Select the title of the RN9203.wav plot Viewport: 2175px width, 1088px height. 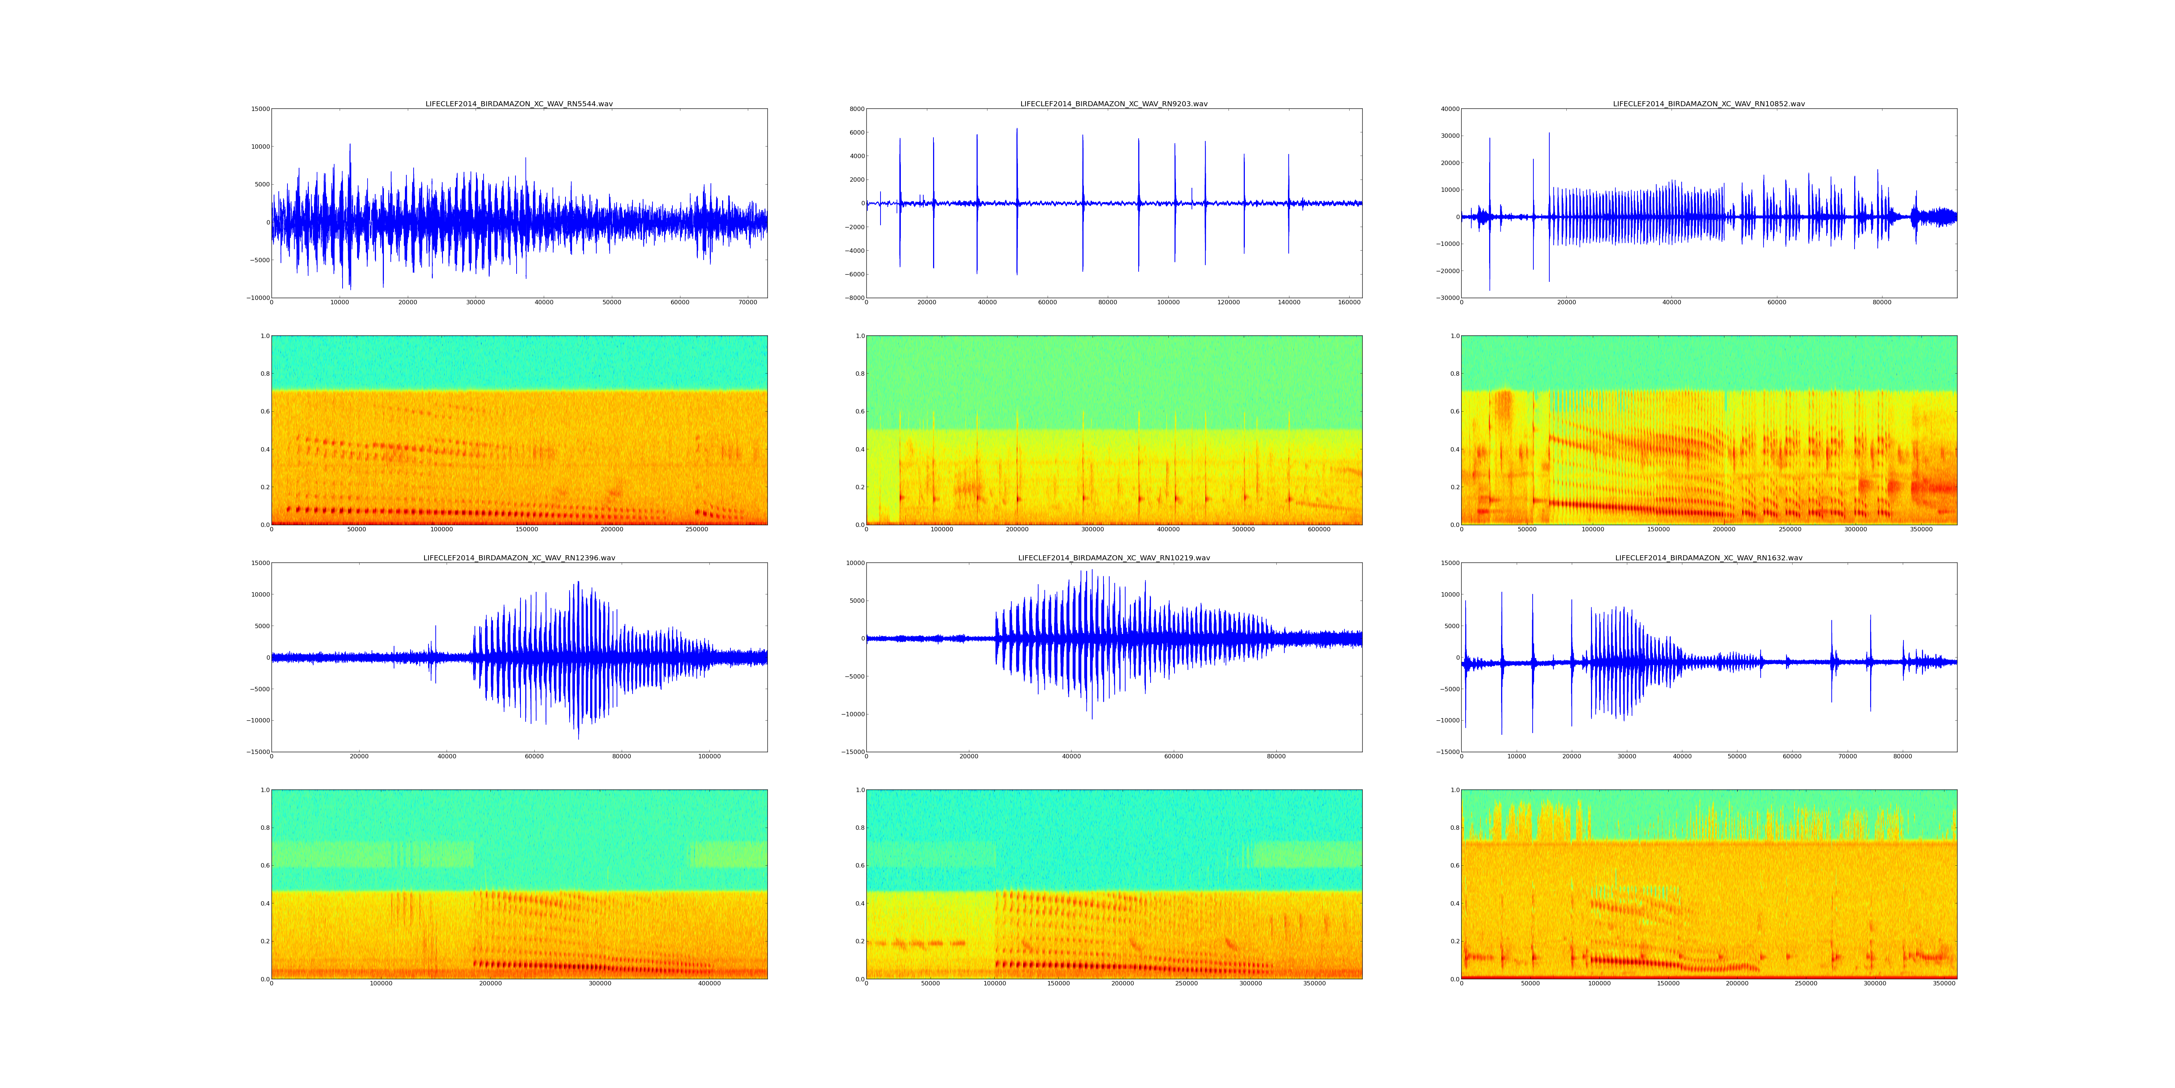tap(1114, 104)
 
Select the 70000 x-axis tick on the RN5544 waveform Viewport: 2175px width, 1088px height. tap(748, 302)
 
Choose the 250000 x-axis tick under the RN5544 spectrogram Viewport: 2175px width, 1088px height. tap(697, 529)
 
